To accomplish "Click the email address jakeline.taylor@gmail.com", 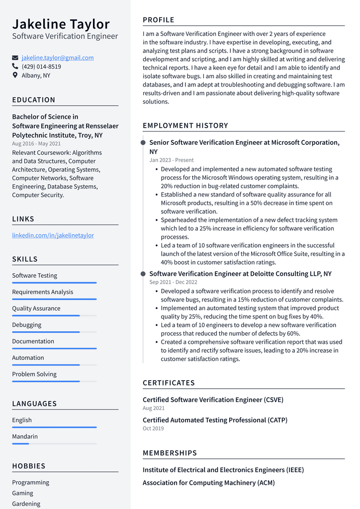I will (x=58, y=58).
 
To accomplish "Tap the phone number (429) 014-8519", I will (x=41, y=67).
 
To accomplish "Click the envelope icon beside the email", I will (x=15, y=58).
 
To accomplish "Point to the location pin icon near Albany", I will (x=15, y=76).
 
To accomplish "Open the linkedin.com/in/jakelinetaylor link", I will (x=53, y=235).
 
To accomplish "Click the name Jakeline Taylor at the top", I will (x=61, y=24).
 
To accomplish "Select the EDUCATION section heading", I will (x=34, y=100).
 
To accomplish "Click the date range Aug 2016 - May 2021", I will (x=36, y=144).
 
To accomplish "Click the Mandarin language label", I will (x=25, y=436).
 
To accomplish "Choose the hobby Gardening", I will (x=26, y=504).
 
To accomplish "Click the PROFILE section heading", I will (x=159, y=20).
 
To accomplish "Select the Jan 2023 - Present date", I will (x=172, y=160).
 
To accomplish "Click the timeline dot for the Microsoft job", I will (x=143, y=143).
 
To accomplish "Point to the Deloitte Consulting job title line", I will (x=240, y=274).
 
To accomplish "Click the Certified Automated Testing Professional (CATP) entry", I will (x=215, y=420).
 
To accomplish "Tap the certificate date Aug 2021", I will (x=154, y=408).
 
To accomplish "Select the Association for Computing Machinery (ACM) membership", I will (x=208, y=483).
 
